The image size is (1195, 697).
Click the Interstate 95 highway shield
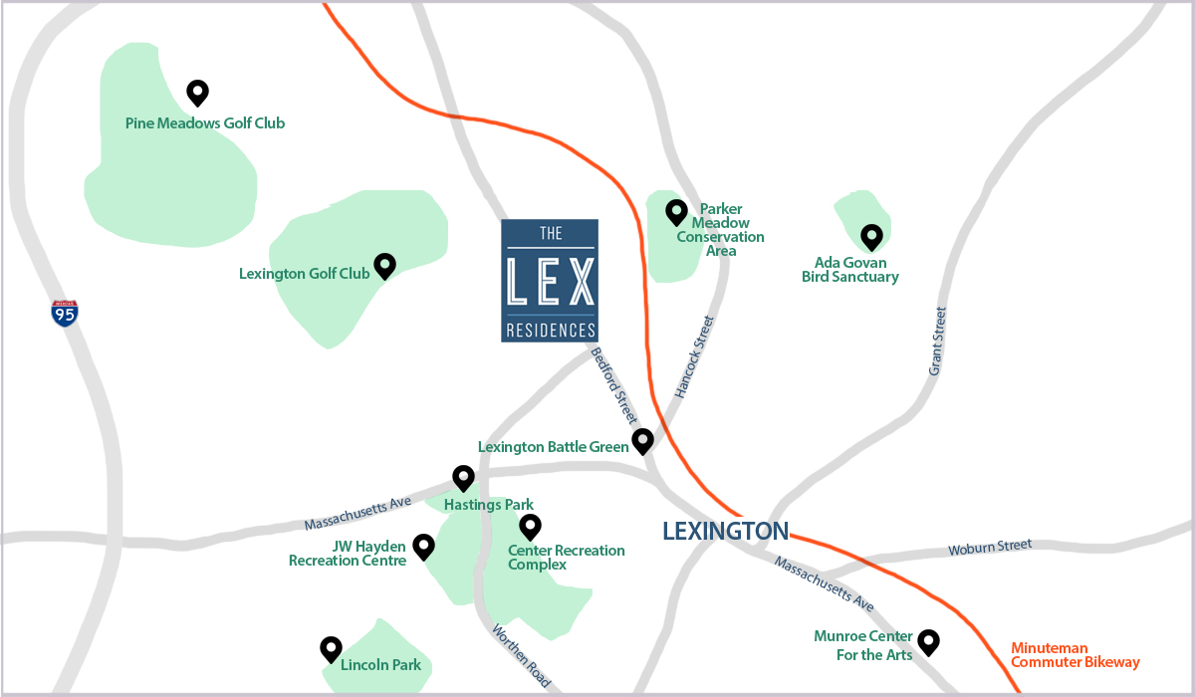(x=65, y=314)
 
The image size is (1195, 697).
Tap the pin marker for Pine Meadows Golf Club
(x=197, y=93)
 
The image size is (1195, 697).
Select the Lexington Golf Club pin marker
(x=384, y=266)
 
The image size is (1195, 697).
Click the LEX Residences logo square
(x=550, y=281)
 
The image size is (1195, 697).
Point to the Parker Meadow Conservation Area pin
(x=677, y=212)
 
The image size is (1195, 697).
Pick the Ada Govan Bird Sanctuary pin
(x=871, y=236)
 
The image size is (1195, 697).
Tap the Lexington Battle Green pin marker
(x=642, y=440)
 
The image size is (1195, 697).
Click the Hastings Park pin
(x=463, y=478)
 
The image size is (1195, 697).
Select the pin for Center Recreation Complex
(x=530, y=526)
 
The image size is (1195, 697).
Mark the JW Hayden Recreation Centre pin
(x=423, y=546)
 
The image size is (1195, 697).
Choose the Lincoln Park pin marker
(x=331, y=649)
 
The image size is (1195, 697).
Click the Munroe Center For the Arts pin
(x=928, y=641)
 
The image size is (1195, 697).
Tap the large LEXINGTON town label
(x=726, y=531)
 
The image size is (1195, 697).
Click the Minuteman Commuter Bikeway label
(x=1075, y=654)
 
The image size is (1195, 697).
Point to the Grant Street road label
(x=937, y=341)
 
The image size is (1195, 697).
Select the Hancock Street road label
(x=694, y=357)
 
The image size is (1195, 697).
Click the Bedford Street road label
(x=613, y=385)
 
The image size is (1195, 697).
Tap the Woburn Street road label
(x=990, y=547)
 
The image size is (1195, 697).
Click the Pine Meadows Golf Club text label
(x=205, y=123)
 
